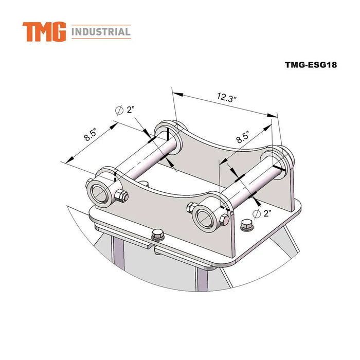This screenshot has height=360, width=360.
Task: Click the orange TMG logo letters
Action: (44, 32)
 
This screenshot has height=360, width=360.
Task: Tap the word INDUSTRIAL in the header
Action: (101, 32)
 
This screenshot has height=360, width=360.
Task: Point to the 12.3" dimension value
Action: (227, 97)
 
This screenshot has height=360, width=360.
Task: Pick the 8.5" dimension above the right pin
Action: (242, 137)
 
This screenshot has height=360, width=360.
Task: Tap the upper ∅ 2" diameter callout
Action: (125, 110)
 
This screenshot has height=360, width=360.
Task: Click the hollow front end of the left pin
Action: (100, 191)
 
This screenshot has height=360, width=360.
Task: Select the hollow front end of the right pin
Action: (205, 217)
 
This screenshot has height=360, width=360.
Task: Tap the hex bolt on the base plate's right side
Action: (246, 225)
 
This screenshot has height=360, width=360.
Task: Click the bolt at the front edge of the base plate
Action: (157, 236)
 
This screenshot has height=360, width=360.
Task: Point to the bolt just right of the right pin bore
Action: (224, 220)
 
